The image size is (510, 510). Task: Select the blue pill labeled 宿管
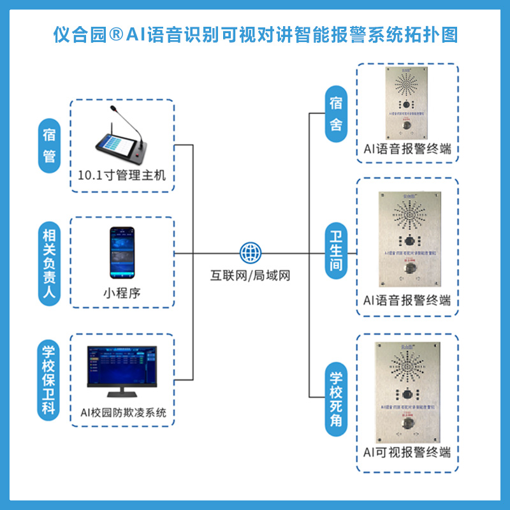[49, 145]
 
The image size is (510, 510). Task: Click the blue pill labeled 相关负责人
[49, 261]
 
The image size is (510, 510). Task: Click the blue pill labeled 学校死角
[335, 400]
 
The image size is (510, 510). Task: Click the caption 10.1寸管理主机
[121, 175]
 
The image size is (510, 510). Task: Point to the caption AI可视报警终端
[407, 452]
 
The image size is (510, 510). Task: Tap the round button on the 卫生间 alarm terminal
[407, 270]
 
